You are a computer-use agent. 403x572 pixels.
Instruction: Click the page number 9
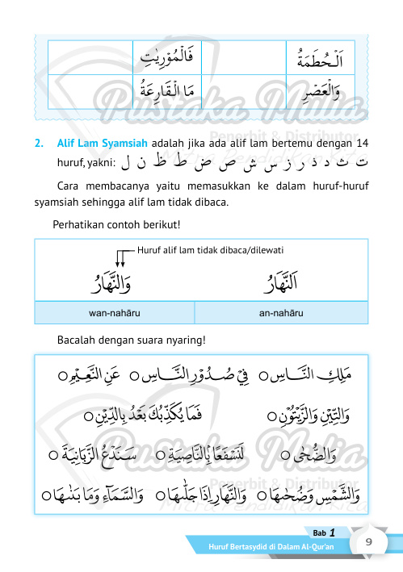pyautogui.click(x=368, y=542)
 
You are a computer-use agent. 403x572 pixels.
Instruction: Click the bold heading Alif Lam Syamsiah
pyautogui.click(x=102, y=144)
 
